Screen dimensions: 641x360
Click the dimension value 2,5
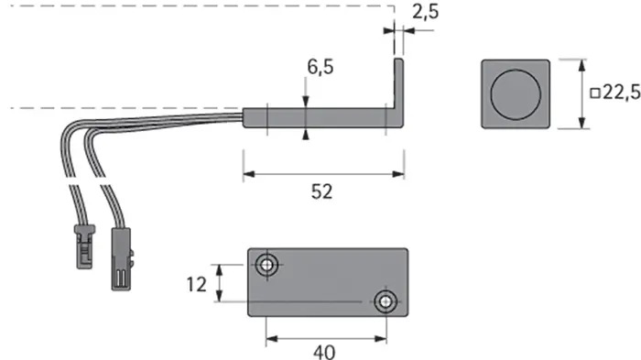[x=426, y=12]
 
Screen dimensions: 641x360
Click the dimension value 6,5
[x=320, y=67]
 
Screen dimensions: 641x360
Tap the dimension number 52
[x=321, y=191]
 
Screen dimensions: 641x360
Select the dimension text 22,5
[x=622, y=93]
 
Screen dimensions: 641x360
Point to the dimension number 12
[x=197, y=285]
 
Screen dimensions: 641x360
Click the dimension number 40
[x=324, y=353]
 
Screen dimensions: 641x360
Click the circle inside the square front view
[x=515, y=94]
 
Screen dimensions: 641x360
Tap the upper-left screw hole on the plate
[x=267, y=265]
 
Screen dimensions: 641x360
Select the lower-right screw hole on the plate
[x=386, y=302]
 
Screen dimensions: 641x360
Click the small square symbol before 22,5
[x=595, y=93]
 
